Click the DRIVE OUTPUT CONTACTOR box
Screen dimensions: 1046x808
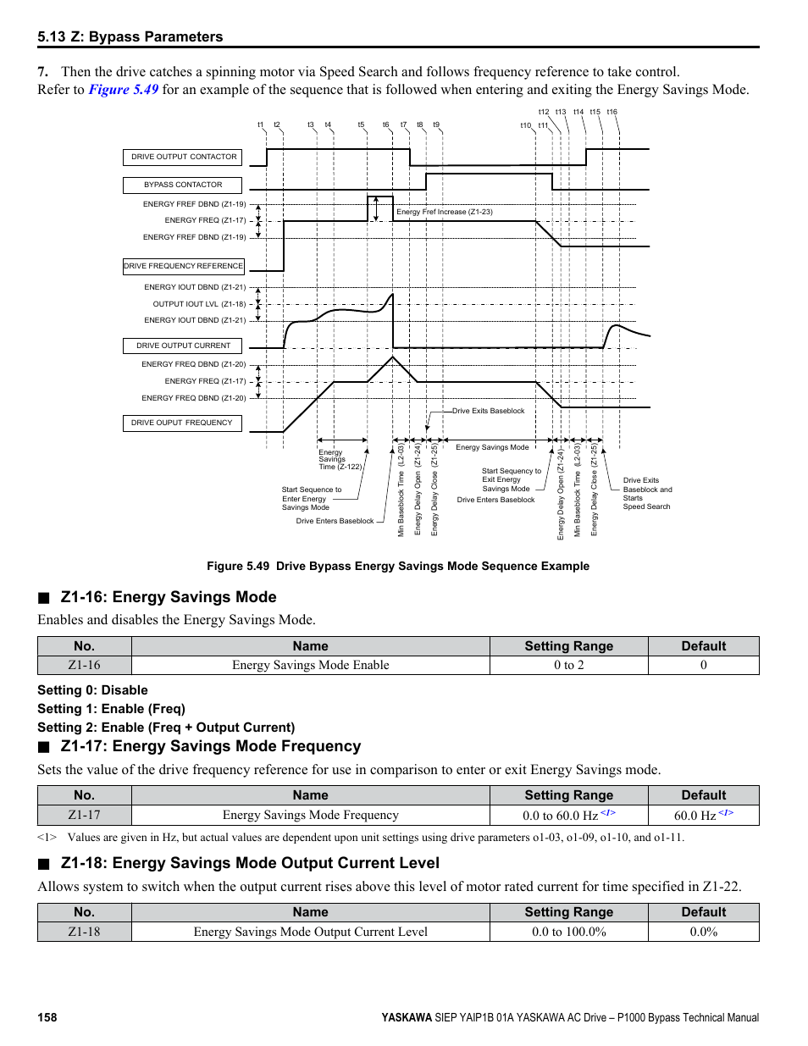[183, 157]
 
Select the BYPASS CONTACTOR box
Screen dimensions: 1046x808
[183, 185]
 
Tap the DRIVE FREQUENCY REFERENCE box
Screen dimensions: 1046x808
[183, 266]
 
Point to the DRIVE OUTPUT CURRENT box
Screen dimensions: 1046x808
[183, 346]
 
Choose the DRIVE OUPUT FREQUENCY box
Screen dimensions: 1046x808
[182, 423]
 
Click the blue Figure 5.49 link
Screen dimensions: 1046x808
[124, 90]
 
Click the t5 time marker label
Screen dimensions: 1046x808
[361, 125]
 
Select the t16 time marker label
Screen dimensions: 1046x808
[612, 112]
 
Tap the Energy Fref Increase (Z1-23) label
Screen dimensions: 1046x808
[444, 212]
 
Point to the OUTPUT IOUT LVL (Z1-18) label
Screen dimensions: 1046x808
[199, 304]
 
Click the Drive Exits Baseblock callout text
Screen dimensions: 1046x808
[488, 411]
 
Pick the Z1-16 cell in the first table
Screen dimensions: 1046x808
[85, 665]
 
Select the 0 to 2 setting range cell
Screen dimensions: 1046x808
[568, 665]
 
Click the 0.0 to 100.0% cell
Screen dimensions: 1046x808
[568, 932]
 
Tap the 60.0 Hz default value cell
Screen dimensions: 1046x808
[702, 815]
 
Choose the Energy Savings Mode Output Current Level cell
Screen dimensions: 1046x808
[310, 932]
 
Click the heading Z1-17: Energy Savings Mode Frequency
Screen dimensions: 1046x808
[211, 746]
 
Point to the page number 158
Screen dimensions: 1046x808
[47, 1017]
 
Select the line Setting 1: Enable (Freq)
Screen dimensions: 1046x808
[111, 709]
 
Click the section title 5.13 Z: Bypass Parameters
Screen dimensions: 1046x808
[130, 36]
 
